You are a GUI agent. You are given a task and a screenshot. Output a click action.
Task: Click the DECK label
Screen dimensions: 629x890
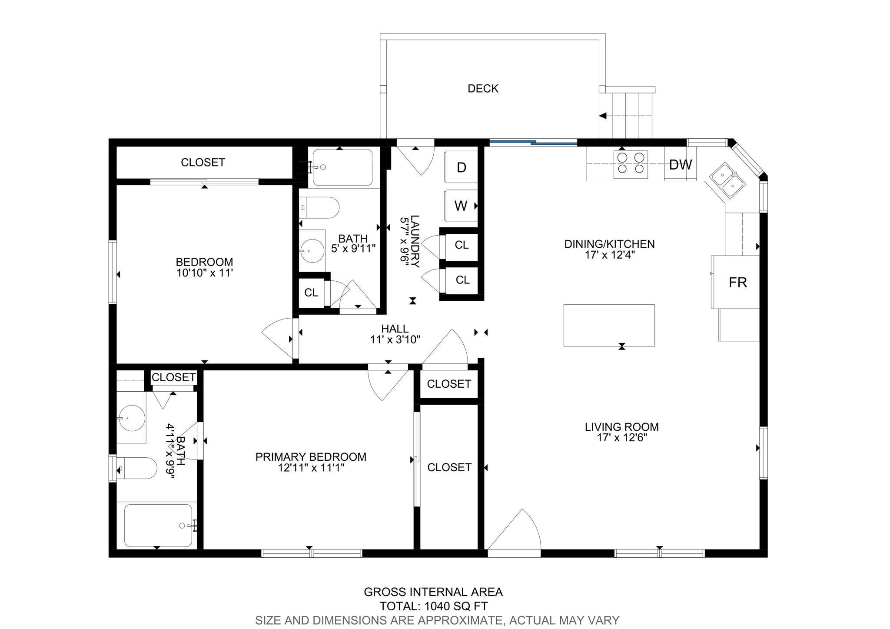[483, 89]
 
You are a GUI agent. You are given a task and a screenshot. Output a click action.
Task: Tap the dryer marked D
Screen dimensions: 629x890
[461, 167]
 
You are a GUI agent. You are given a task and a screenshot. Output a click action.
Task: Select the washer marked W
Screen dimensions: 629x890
[461, 206]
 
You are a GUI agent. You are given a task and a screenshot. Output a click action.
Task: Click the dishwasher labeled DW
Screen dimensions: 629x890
[680, 164]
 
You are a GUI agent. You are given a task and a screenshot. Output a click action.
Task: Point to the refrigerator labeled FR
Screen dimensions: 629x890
[737, 283]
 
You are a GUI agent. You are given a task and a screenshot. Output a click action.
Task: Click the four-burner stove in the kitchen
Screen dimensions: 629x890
[631, 164]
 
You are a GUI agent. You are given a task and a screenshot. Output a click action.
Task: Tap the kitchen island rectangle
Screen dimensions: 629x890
[609, 325]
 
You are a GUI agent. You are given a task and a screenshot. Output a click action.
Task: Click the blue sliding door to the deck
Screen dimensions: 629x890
[533, 142]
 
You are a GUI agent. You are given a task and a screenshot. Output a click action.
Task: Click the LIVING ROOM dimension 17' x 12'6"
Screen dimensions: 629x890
[622, 438]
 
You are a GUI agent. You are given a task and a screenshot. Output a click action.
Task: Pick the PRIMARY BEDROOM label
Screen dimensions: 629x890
[311, 457]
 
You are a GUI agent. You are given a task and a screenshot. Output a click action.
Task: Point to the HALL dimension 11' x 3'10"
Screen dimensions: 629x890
[395, 340]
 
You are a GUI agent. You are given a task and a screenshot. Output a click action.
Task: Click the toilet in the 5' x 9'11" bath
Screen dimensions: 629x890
[319, 208]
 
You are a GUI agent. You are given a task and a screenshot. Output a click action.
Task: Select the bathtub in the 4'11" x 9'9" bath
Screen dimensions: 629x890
[158, 525]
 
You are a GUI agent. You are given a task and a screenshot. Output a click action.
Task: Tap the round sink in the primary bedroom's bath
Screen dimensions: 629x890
[132, 418]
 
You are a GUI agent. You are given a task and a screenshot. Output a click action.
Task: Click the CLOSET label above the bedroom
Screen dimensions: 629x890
[203, 163]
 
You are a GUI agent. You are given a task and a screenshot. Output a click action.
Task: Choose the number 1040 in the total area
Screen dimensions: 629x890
[438, 606]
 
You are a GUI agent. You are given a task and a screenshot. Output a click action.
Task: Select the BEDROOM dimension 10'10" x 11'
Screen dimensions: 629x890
[205, 273]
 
